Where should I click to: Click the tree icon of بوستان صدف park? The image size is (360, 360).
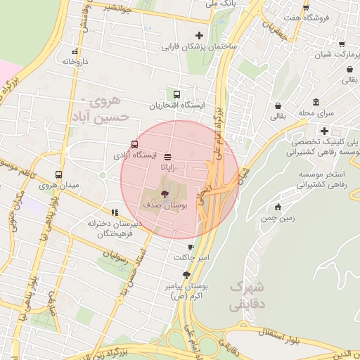(165, 193)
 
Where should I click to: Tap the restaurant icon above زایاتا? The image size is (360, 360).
(167, 157)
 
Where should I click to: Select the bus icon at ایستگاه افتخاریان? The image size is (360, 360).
(176, 94)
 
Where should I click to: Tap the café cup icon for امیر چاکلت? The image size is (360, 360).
(191, 247)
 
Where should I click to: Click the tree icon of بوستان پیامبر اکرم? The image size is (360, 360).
(186, 275)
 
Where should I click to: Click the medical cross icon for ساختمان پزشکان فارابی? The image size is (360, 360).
(200, 35)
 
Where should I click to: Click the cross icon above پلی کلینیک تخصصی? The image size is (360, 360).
(324, 131)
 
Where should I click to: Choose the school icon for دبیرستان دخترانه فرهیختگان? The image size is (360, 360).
(114, 212)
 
